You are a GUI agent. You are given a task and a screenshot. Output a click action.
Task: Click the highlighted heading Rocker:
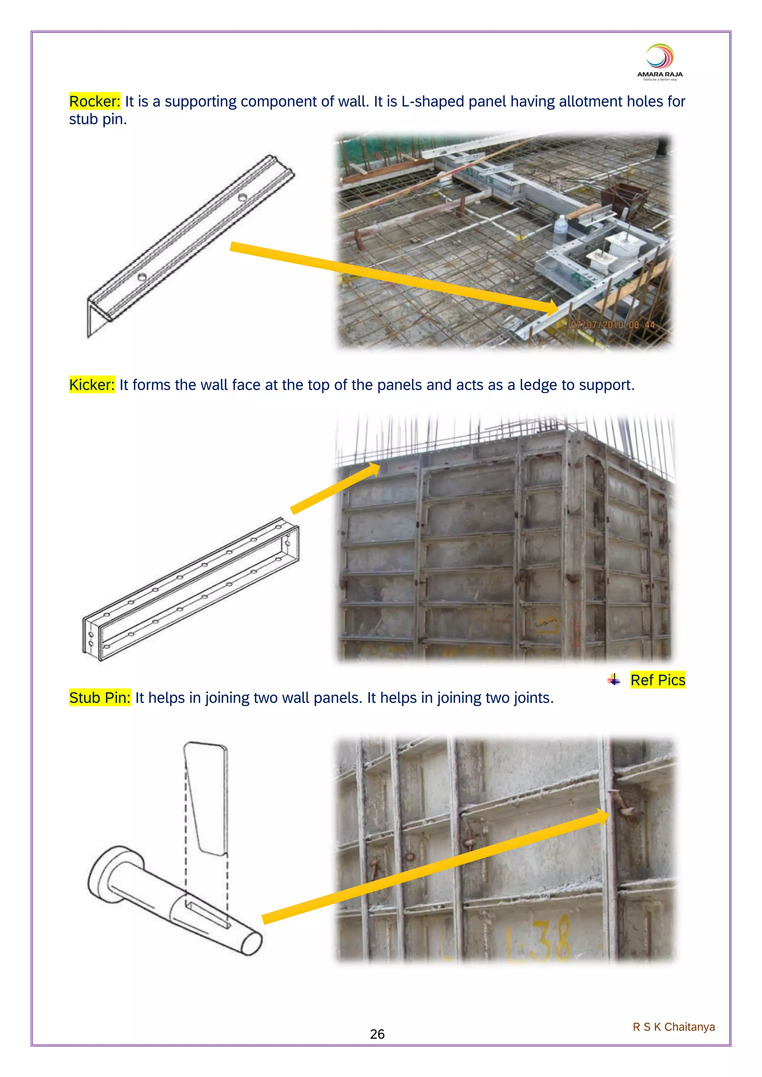click(94, 101)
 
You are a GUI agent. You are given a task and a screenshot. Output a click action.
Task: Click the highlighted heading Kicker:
click(92, 385)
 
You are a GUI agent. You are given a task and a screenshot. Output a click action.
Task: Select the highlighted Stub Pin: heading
click(99, 698)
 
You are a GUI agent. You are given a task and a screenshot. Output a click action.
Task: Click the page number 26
click(377, 1034)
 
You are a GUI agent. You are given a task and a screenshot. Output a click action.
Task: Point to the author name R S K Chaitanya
click(673, 1027)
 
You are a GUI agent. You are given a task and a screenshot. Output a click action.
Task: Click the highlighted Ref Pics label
click(657, 680)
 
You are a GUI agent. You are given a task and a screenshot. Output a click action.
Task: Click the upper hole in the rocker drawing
click(242, 197)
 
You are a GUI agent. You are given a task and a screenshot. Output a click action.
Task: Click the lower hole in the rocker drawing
click(142, 277)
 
